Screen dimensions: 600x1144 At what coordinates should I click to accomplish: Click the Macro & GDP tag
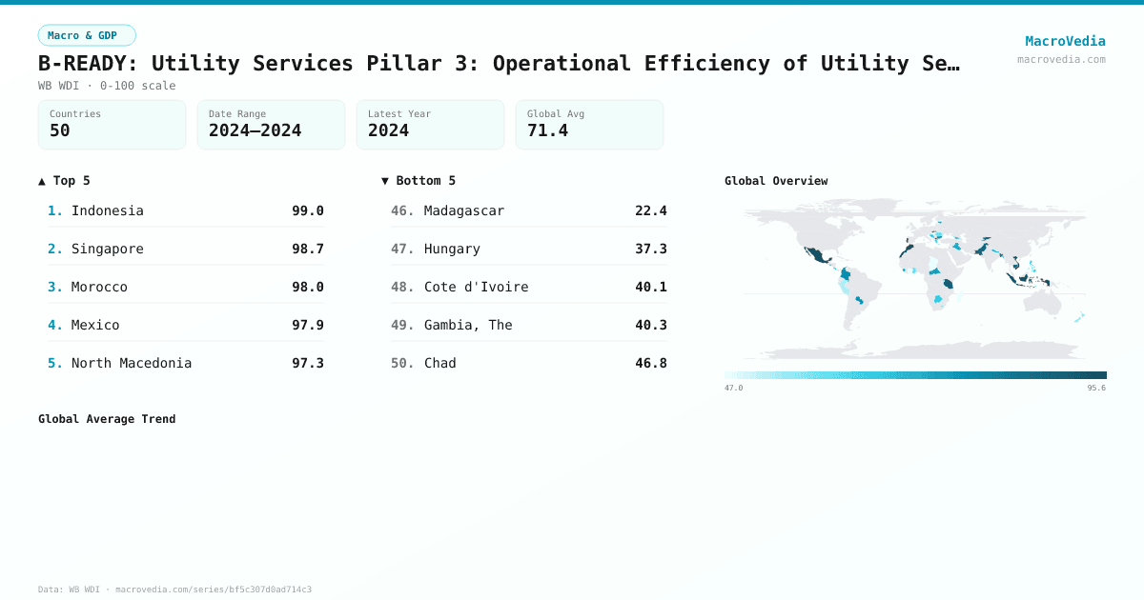point(87,35)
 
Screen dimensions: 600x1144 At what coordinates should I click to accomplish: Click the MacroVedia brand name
point(1065,41)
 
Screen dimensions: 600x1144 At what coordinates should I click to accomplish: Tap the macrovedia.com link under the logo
point(1061,59)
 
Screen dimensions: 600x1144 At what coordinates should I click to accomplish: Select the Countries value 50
point(60,130)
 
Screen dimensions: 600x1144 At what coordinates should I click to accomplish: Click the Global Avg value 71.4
point(547,130)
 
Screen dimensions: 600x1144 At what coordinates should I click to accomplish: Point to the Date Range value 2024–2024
point(255,130)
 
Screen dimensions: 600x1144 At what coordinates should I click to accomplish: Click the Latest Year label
point(398,113)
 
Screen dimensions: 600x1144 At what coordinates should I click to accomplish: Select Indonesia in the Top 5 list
point(107,210)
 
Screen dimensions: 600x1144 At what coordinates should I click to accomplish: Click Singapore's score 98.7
point(307,249)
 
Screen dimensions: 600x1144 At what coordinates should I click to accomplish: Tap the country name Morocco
point(99,287)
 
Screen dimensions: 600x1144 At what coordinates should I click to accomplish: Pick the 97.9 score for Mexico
point(307,325)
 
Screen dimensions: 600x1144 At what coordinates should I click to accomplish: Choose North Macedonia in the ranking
point(131,363)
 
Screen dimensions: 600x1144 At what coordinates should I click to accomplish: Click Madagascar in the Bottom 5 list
point(463,210)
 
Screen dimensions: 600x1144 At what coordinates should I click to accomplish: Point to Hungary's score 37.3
point(650,249)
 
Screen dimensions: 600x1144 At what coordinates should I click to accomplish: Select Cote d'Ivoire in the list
point(476,287)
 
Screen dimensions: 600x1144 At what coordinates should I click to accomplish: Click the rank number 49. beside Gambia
point(402,325)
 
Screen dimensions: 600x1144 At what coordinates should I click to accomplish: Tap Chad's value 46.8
point(650,363)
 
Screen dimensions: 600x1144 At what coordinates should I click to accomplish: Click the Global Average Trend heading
point(107,419)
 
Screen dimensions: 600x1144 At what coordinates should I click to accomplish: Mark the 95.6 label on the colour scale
point(1095,388)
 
